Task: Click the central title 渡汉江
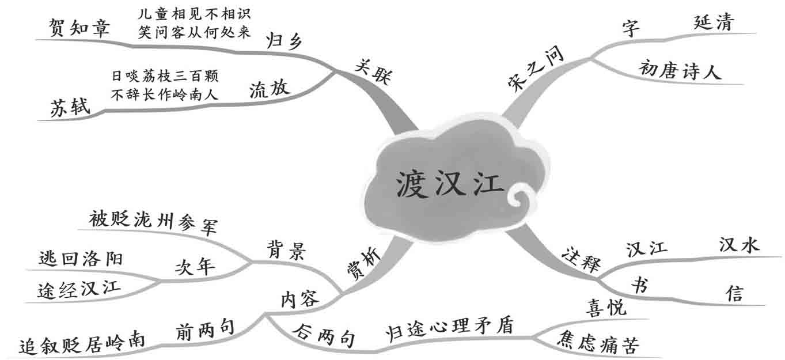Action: pyautogui.click(x=450, y=183)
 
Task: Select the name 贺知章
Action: pyautogui.click(x=79, y=29)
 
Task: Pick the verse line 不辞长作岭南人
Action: pyautogui.click(x=165, y=94)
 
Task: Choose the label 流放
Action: pyautogui.click(x=270, y=89)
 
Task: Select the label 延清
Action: pyautogui.click(x=714, y=23)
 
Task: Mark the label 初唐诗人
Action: pyautogui.click(x=680, y=71)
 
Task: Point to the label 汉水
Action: pyautogui.click(x=740, y=245)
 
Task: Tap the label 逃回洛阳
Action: pyautogui.click(x=81, y=257)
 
